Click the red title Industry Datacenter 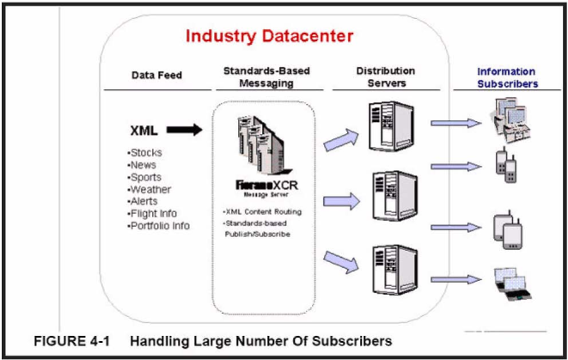click(269, 36)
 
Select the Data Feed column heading click(156, 76)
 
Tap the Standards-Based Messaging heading click(266, 76)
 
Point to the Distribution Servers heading click(386, 76)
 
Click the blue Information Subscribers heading click(507, 77)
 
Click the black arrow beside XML click(185, 130)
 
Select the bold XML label click(144, 131)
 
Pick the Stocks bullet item click(144, 152)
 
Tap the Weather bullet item click(149, 189)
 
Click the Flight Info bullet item click(152, 213)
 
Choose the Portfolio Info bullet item click(158, 226)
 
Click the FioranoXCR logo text click(266, 186)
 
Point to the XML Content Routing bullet click(262, 212)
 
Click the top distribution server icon click(391, 126)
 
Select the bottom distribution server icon click(394, 270)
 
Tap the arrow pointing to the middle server click(342, 201)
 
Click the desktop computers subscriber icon click(510, 119)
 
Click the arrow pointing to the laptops click(456, 279)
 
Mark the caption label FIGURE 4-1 click(71, 341)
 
